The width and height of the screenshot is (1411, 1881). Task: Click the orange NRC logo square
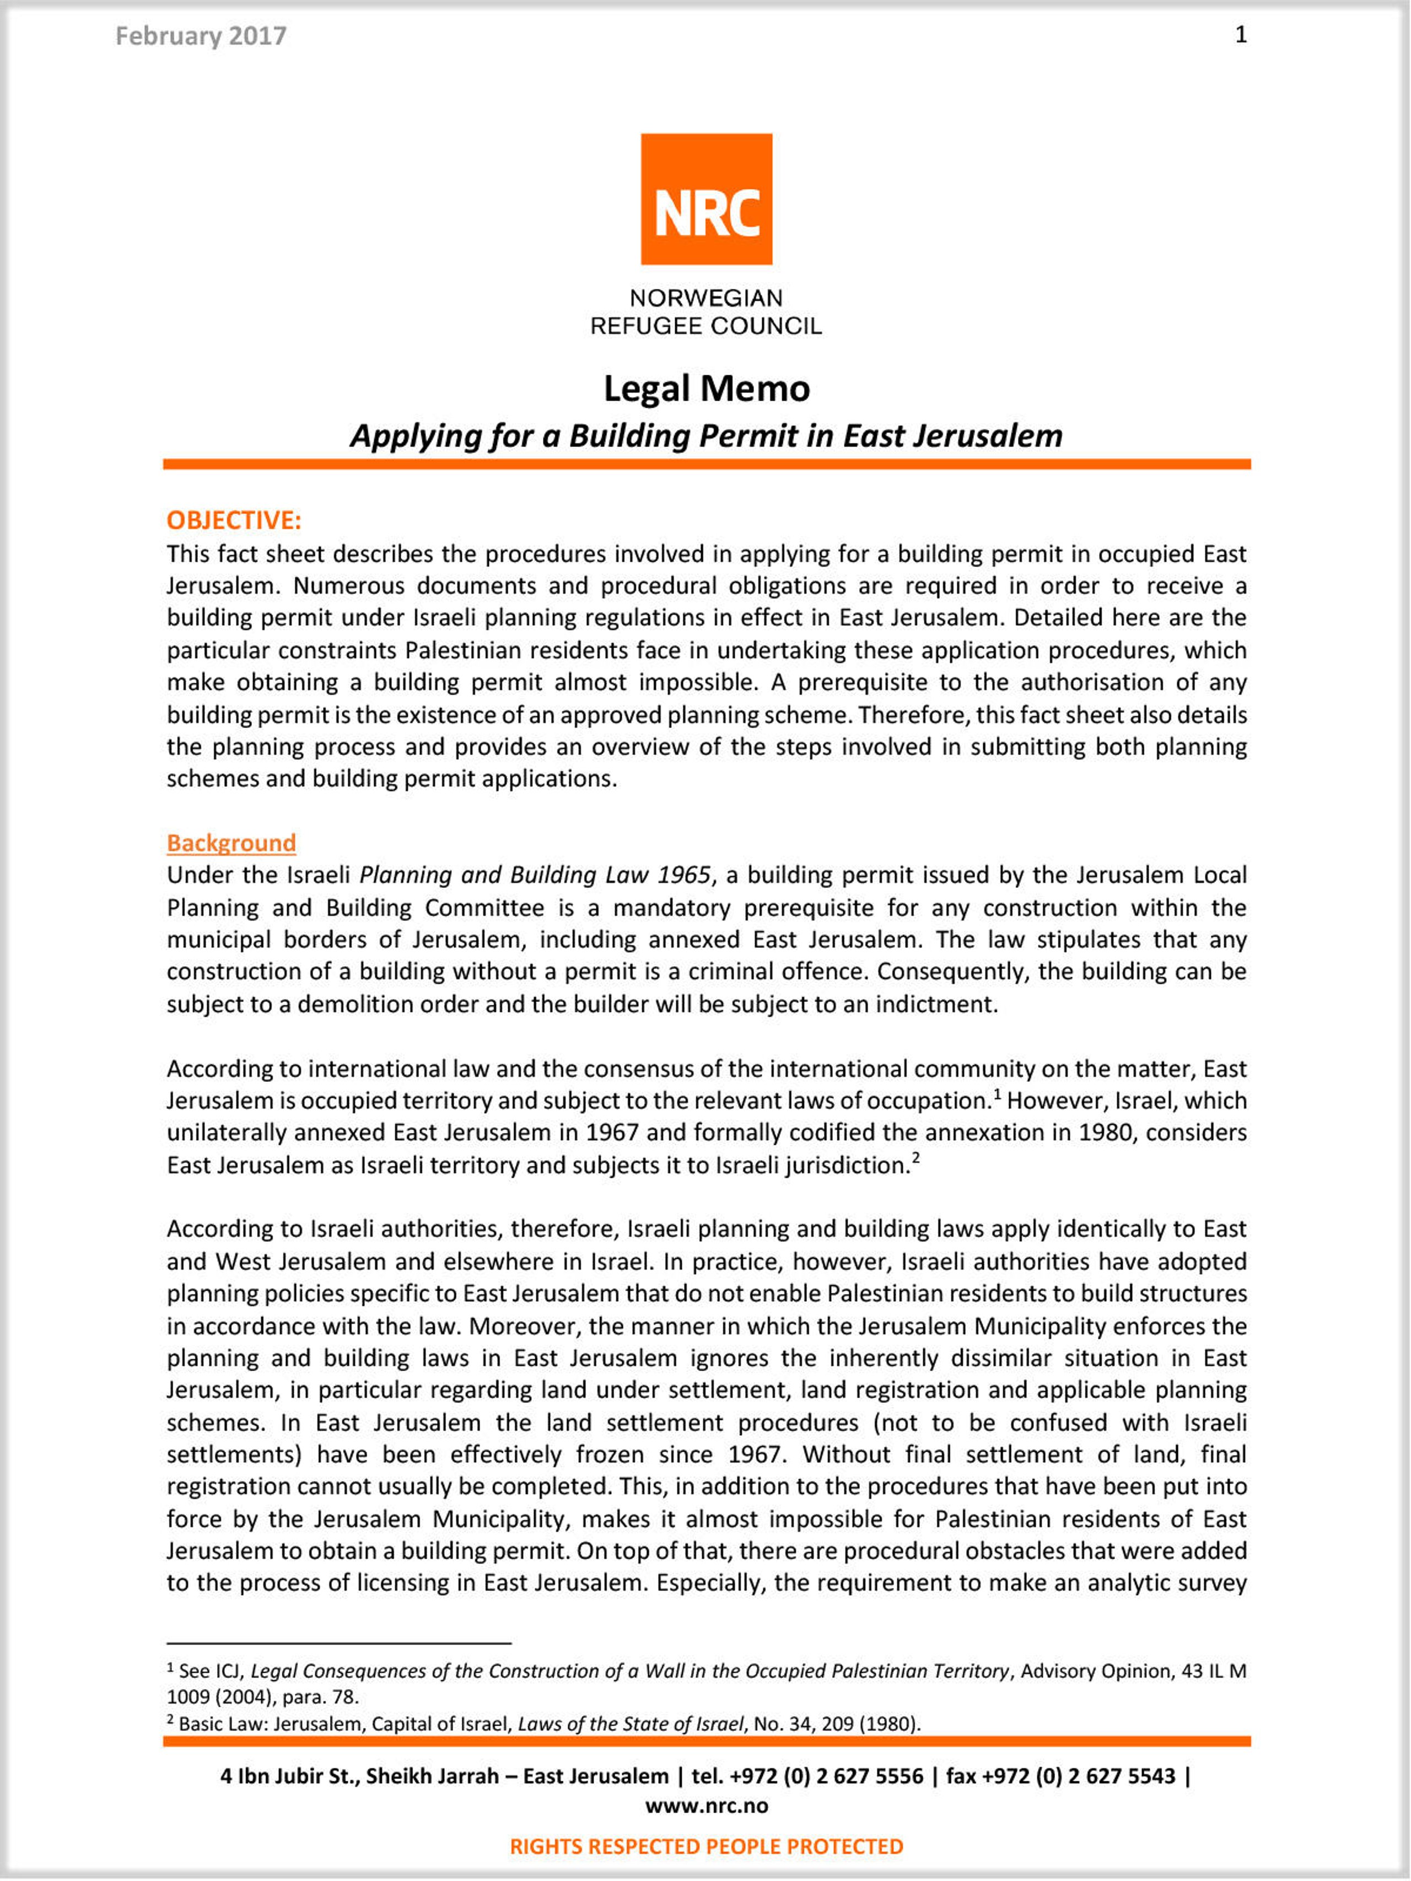point(706,199)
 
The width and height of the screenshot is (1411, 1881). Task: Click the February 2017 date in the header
point(201,36)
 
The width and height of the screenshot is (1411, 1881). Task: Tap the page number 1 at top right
point(1241,35)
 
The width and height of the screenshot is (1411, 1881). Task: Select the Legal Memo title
point(706,389)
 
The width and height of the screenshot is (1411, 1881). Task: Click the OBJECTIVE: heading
point(234,520)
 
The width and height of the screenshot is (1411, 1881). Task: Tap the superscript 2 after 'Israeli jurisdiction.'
point(916,1158)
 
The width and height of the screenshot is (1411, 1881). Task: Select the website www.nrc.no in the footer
point(706,1805)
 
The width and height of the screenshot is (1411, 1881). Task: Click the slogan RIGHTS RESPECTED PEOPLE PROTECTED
point(706,1846)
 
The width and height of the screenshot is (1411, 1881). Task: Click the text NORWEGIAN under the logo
point(706,299)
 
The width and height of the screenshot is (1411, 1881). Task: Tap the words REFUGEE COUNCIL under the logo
point(706,326)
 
